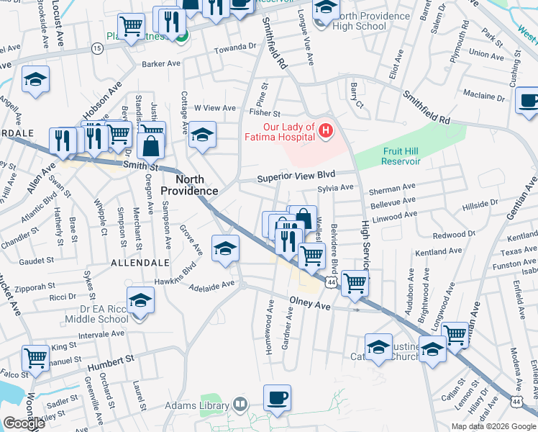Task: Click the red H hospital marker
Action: pos(326,130)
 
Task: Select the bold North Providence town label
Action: pos(188,185)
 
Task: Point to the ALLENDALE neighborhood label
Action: pos(140,264)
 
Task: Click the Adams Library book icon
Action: pos(240,405)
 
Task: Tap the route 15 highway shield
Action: pos(96,48)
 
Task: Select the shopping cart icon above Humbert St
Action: pos(35,358)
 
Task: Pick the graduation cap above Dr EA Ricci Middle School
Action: pos(140,300)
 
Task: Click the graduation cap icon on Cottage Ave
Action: pos(203,134)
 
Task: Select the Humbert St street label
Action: pos(111,362)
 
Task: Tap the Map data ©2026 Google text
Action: pos(493,426)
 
